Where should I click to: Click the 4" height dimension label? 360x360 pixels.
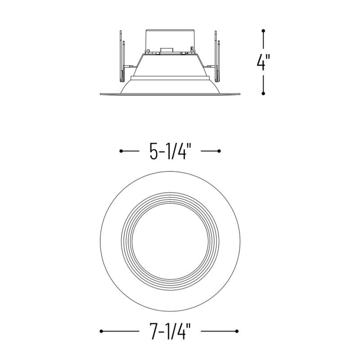263,62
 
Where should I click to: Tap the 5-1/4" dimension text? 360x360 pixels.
170,151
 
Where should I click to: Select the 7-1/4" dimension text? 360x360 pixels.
170,331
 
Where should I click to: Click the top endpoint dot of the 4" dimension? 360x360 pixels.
263,31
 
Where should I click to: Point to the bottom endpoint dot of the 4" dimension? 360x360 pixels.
263,93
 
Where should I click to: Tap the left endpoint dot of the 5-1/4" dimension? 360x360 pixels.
121,151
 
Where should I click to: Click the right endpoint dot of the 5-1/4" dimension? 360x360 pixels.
219,151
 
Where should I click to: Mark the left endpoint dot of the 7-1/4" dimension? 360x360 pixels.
101,331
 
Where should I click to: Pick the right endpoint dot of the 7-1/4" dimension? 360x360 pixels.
237,331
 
